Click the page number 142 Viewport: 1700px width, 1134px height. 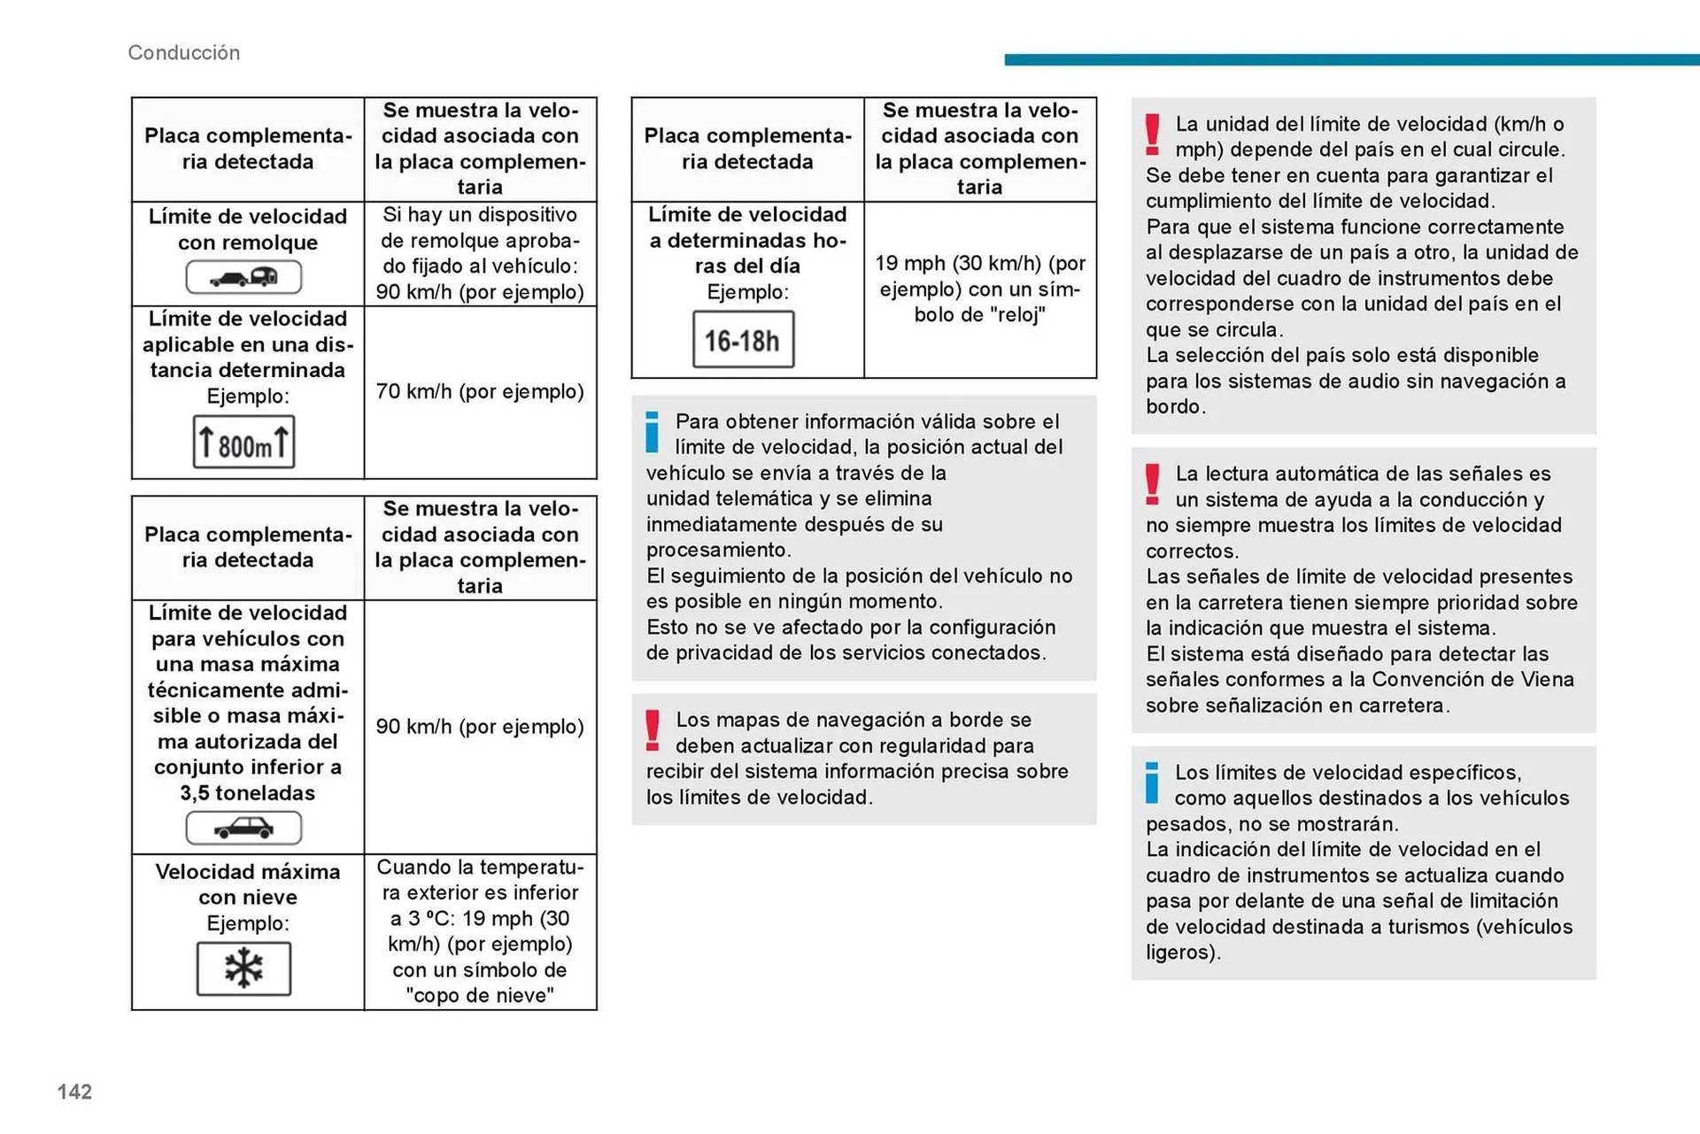coord(74,1092)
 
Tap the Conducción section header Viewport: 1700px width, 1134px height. coord(183,53)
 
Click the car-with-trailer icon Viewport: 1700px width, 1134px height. coord(243,278)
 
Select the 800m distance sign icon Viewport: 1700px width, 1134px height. coord(243,443)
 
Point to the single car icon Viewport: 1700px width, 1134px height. coord(243,829)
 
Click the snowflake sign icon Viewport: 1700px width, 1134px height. coord(243,968)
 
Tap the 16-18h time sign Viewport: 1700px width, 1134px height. coord(743,340)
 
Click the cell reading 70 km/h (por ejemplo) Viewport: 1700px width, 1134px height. coord(480,391)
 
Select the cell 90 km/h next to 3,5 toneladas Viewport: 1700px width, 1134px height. coord(480,727)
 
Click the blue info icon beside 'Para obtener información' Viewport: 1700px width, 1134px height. coord(653,432)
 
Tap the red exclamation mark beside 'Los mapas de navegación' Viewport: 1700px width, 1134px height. coord(653,730)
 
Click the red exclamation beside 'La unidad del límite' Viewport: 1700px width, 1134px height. coord(1152,135)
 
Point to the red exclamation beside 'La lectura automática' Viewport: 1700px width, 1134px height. coord(1152,484)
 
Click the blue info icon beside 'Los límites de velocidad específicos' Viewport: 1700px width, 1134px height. coord(1152,783)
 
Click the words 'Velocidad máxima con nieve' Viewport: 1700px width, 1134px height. coord(248,884)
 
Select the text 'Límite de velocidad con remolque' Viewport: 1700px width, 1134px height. coord(248,229)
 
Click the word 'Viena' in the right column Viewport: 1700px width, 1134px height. coord(1548,680)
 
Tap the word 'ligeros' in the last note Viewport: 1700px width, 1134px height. coord(1181,953)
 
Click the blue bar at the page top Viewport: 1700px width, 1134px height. coord(1351,60)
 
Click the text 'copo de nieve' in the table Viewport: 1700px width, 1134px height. coord(480,996)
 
